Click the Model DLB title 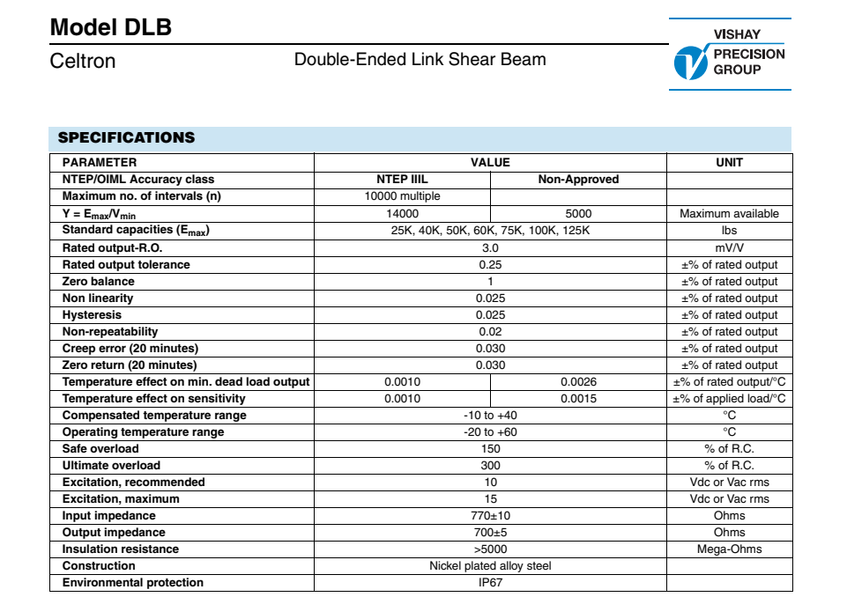click(x=111, y=27)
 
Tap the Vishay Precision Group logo click(x=729, y=54)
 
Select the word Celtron click(x=83, y=61)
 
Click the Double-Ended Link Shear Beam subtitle click(x=420, y=60)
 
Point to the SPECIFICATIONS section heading click(x=126, y=137)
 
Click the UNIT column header click(x=729, y=162)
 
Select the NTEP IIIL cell click(x=402, y=179)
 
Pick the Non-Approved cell click(x=578, y=179)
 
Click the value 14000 click(x=402, y=213)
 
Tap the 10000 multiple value click(x=402, y=196)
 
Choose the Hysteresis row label click(x=92, y=314)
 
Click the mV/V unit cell click(x=729, y=247)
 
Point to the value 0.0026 click(x=578, y=382)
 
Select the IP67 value click(x=490, y=583)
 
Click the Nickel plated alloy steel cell click(x=490, y=566)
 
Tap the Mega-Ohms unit click(x=729, y=549)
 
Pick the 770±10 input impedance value click(x=490, y=516)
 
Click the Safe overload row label click(x=100, y=449)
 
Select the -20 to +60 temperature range click(x=490, y=432)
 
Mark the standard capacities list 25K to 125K click(x=490, y=231)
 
